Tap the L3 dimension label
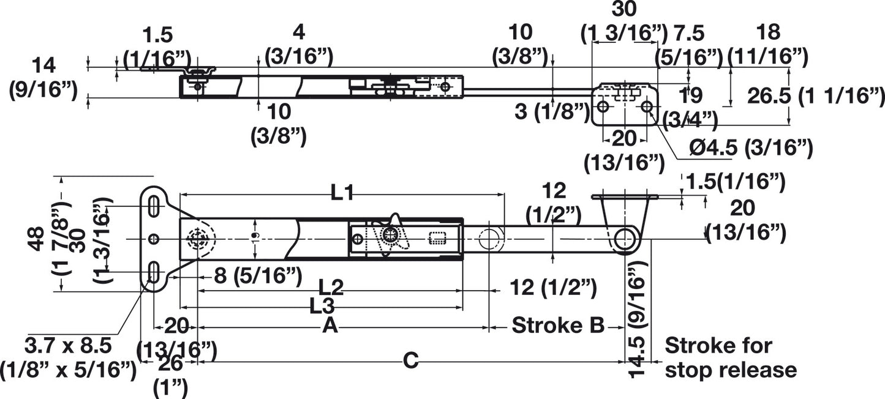322,306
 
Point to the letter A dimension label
330,326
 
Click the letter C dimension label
411,360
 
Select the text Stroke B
559,325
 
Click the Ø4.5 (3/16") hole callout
751,147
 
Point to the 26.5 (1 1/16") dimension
815,96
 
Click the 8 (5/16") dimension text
258,275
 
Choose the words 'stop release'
731,370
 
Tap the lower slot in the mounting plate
153,272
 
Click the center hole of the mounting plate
154,239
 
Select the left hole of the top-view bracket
603,106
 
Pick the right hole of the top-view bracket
647,106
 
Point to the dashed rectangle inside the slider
437,238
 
